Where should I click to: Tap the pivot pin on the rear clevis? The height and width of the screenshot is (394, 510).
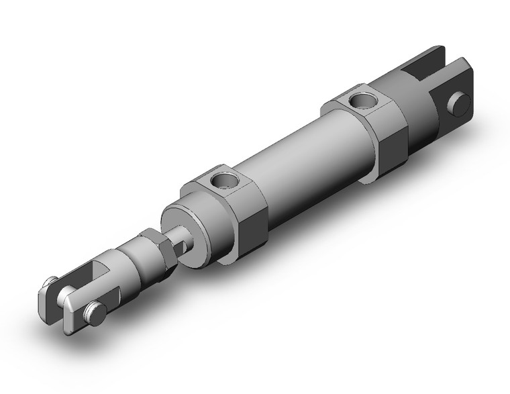460,104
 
